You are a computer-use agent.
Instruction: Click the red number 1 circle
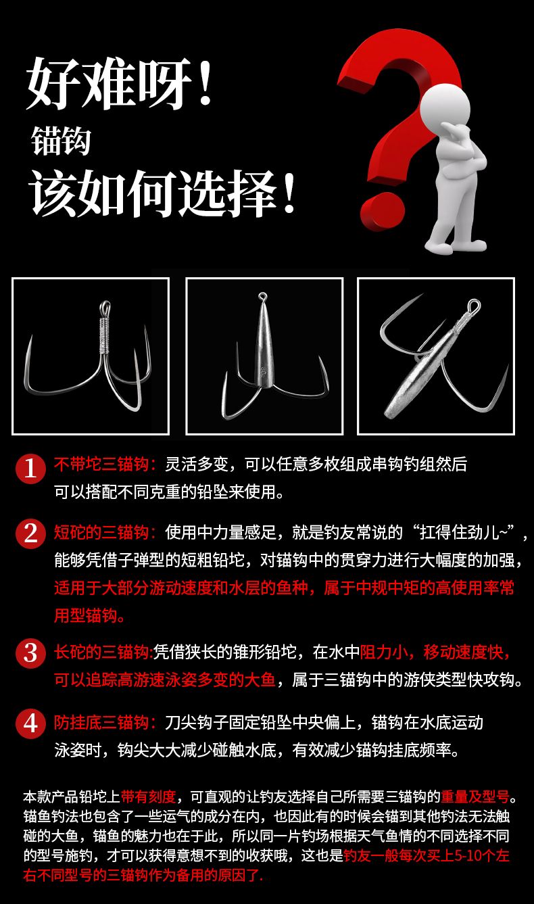point(30,469)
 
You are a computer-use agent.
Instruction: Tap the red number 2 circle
point(30,533)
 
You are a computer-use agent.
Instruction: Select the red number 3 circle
point(30,653)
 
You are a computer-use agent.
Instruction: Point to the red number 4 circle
point(30,723)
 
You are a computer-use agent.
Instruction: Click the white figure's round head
point(445,108)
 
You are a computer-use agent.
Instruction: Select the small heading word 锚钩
point(61,141)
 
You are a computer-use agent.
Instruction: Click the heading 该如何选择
point(153,193)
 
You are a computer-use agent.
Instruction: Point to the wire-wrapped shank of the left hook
point(105,335)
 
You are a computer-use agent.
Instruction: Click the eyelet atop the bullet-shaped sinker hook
point(262,298)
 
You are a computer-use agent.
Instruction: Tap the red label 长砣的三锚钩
point(103,652)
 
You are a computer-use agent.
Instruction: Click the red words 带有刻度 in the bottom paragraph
point(149,796)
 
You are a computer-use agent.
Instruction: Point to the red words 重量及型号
point(475,796)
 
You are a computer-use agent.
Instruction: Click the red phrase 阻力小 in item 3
point(383,652)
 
